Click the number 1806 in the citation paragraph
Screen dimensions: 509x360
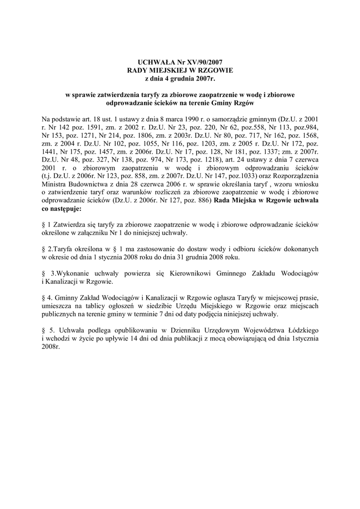147,135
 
